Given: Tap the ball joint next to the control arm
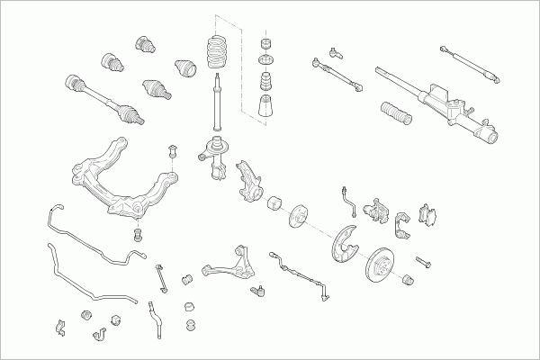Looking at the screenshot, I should (x=260, y=290).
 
